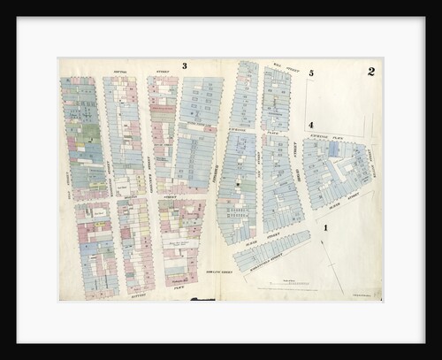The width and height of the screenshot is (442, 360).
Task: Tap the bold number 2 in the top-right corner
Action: click(371, 72)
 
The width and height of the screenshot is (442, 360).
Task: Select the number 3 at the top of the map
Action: click(184, 65)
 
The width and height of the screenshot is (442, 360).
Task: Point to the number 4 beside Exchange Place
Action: click(311, 125)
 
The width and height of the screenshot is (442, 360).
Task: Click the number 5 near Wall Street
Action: click(311, 73)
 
